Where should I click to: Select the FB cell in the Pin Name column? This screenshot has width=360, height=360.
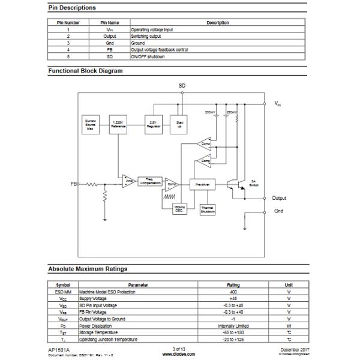coord(109,50)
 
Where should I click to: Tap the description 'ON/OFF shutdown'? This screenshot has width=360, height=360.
coord(148,56)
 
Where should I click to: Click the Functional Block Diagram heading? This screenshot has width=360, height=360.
coord(85,71)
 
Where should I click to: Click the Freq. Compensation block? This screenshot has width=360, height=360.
coord(149,181)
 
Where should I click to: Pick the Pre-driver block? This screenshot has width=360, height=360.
coord(202,185)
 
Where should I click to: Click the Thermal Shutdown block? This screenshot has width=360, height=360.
coord(208,210)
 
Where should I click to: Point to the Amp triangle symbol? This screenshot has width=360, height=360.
coord(128,181)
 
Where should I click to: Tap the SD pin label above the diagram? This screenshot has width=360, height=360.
coord(182,86)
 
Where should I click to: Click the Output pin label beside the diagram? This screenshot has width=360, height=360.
coord(279,198)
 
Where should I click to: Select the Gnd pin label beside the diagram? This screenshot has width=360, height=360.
coord(279,211)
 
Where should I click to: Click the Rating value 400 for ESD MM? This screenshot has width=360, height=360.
coord(233,292)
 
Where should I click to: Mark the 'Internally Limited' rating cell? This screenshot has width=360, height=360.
coord(233,326)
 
